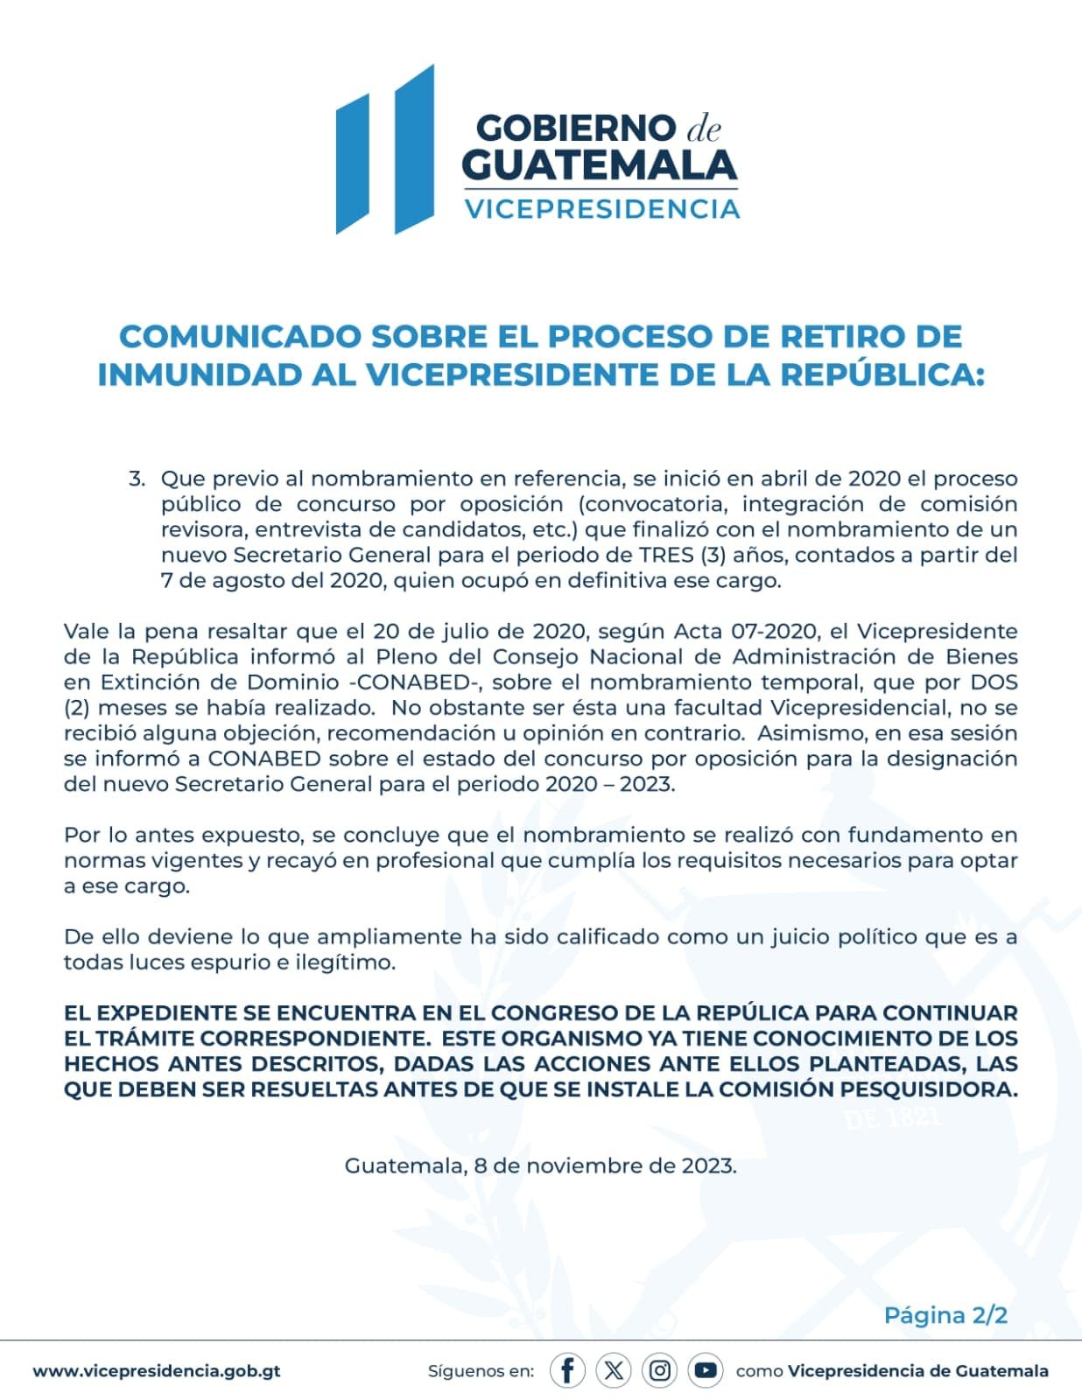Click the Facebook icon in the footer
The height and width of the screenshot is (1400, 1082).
pos(567,1370)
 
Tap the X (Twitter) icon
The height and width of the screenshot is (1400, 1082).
pos(614,1370)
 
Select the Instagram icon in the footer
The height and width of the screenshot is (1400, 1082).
pos(659,1370)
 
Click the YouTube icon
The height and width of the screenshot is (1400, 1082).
pos(705,1370)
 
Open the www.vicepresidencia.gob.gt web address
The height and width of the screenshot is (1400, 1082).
pos(157,1371)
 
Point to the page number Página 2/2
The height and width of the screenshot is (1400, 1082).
pos(945,1315)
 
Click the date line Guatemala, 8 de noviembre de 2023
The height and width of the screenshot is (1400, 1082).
pos(540,1165)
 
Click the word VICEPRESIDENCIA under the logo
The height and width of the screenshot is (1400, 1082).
pos(601,209)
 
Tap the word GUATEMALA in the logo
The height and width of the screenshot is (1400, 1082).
pos(599,165)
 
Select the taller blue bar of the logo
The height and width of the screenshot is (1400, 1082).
pos(414,149)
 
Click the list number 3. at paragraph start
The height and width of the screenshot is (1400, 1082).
pos(137,479)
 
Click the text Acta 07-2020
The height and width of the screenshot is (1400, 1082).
pos(746,632)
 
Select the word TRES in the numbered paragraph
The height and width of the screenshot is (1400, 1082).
pos(666,555)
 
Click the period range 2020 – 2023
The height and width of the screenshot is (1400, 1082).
pos(609,784)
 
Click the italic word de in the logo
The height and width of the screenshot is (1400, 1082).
pos(703,129)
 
